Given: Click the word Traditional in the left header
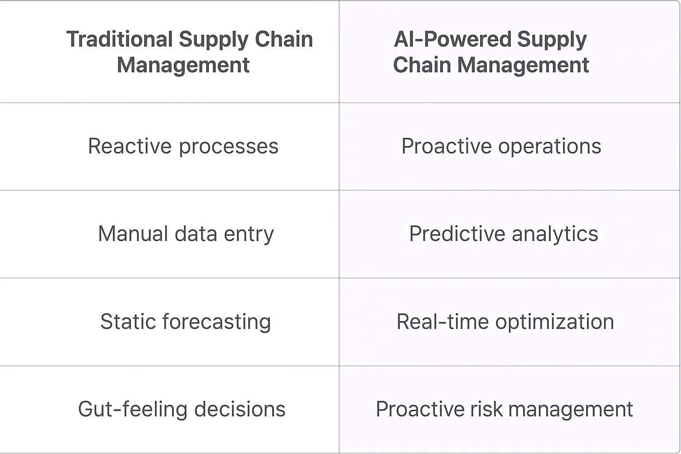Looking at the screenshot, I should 119,39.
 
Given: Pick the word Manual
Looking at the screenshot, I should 133,234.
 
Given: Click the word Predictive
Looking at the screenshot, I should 457,234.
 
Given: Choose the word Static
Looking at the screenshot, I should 128,321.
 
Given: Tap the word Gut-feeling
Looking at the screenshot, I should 133,409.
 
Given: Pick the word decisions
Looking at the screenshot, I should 240,409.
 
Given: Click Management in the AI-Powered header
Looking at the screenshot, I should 523,65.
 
